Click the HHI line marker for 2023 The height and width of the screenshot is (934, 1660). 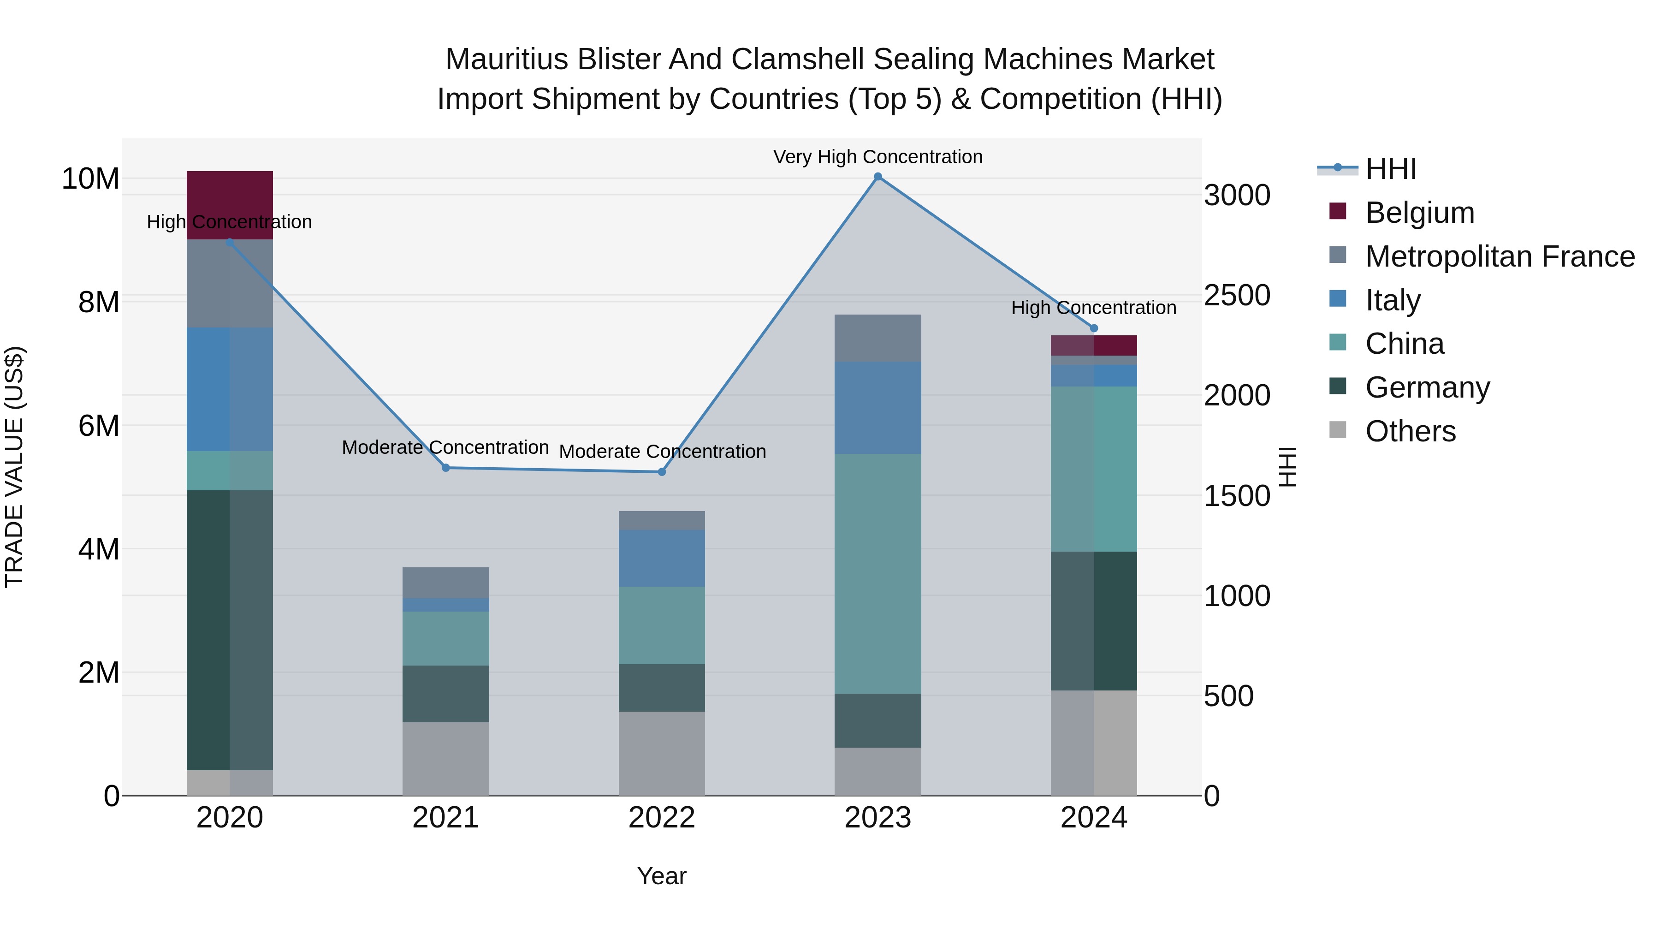click(x=877, y=177)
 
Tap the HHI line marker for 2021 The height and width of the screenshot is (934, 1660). click(x=446, y=468)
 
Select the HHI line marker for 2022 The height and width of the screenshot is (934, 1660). click(x=662, y=472)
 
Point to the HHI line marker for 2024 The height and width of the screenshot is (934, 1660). click(x=1094, y=328)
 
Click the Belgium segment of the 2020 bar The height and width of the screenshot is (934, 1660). click(x=230, y=205)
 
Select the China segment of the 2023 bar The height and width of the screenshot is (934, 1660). click(x=877, y=574)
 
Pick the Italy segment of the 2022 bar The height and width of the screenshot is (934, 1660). click(x=662, y=558)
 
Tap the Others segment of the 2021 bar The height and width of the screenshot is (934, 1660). click(x=446, y=759)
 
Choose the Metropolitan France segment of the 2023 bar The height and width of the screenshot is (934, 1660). click(x=877, y=339)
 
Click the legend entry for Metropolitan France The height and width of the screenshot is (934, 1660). click(x=1500, y=256)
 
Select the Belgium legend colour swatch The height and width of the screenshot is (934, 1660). click(x=1338, y=211)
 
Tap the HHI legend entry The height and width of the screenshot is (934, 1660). click(x=1391, y=169)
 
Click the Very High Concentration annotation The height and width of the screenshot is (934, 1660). click(x=877, y=157)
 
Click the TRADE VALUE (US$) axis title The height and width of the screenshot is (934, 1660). click(x=14, y=467)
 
